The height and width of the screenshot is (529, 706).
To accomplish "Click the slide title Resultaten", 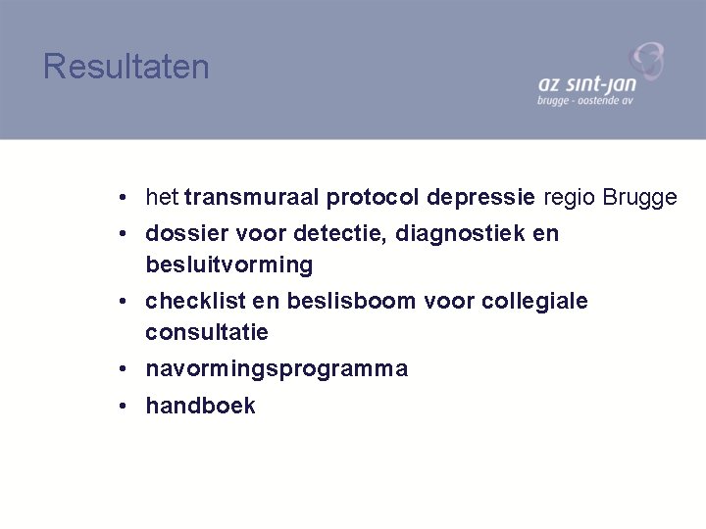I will (126, 68).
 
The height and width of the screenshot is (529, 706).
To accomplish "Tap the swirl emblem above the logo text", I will (646, 61).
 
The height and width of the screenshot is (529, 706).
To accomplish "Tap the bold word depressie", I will (481, 198).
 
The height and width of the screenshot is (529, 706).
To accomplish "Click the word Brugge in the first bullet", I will (639, 198).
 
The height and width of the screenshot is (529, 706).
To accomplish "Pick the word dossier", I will (184, 235).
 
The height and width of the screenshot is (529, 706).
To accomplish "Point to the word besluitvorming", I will (228, 264).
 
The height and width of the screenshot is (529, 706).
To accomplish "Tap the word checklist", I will (190, 302).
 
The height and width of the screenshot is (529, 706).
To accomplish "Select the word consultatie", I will (207, 332).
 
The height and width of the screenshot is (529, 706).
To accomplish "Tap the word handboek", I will (200, 406).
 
